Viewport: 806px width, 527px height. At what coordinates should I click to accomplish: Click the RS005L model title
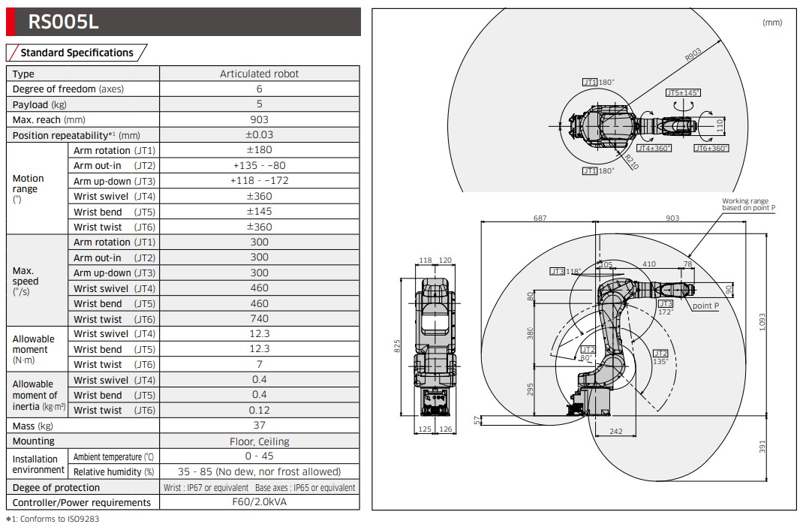coord(63,22)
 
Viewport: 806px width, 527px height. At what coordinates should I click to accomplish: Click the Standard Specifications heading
coord(77,53)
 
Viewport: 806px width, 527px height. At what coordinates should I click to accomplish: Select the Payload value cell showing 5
coord(260,104)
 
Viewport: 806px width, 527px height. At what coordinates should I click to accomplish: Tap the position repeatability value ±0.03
coord(260,135)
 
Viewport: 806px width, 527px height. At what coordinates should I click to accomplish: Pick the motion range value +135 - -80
coord(260,165)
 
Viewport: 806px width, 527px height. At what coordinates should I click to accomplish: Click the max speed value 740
coord(260,319)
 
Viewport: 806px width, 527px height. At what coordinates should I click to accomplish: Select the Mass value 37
coord(260,426)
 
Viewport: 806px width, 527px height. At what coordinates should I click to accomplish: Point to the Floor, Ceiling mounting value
coord(260,441)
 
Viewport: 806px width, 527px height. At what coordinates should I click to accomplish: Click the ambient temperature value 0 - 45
coord(260,456)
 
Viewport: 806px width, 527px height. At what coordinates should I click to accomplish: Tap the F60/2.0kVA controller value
coord(260,502)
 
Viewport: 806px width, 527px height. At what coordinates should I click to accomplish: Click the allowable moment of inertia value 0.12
coord(260,411)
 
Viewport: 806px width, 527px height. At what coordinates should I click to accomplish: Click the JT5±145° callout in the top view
coord(682,92)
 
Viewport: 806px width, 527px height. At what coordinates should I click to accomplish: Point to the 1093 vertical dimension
coord(762,321)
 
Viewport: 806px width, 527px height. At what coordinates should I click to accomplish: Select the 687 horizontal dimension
coord(540,218)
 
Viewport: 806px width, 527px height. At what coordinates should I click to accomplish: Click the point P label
coord(705,306)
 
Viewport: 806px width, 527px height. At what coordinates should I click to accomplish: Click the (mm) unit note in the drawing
coord(772,23)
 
